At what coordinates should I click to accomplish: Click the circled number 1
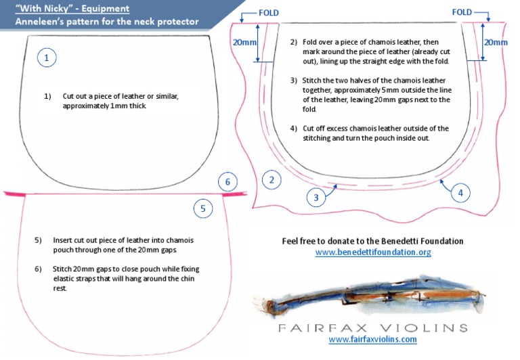46,58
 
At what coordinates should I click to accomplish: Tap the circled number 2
272,180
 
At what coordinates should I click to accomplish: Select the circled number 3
316,198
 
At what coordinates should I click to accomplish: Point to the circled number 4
460,193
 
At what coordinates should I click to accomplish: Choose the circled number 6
228,181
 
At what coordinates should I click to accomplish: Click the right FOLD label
461,12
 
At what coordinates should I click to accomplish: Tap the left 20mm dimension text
244,42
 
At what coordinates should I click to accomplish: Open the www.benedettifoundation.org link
373,252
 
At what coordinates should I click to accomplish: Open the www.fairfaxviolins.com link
372,339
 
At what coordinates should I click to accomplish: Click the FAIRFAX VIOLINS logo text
372,328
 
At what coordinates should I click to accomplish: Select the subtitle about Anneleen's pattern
108,22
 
